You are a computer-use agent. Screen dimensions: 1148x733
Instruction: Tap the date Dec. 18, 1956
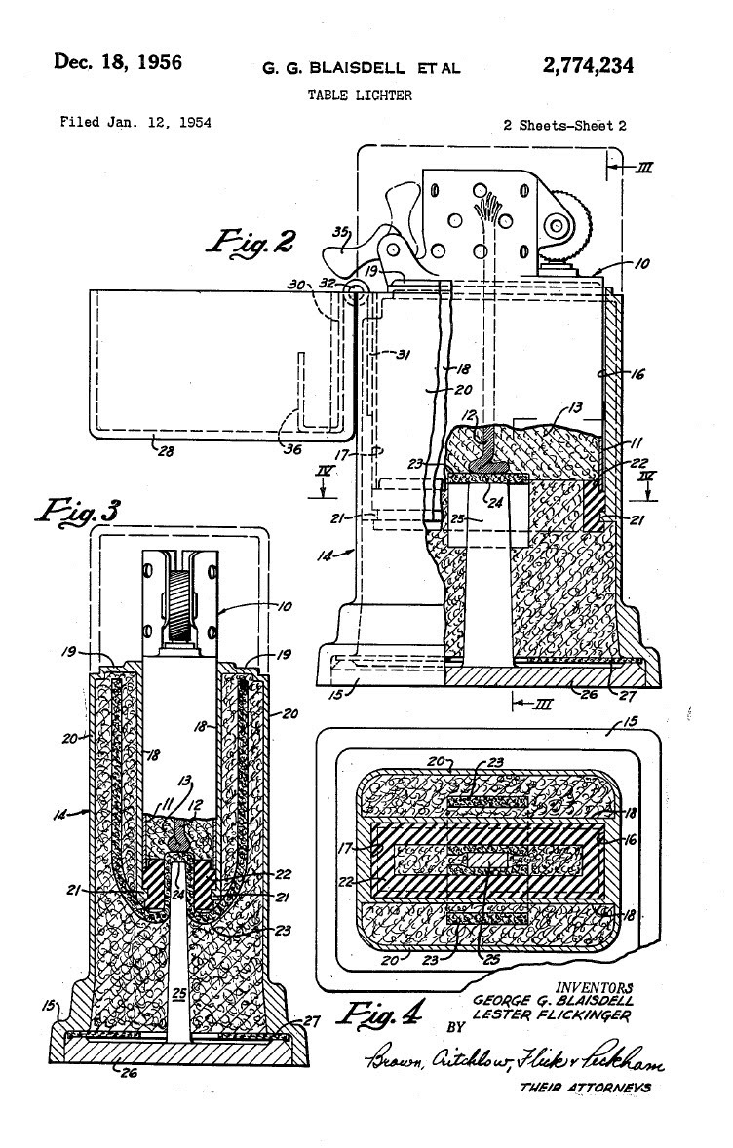click(x=118, y=63)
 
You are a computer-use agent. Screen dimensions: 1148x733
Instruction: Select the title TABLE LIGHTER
click(x=360, y=96)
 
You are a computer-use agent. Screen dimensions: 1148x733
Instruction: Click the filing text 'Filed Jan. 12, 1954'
click(x=135, y=124)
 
